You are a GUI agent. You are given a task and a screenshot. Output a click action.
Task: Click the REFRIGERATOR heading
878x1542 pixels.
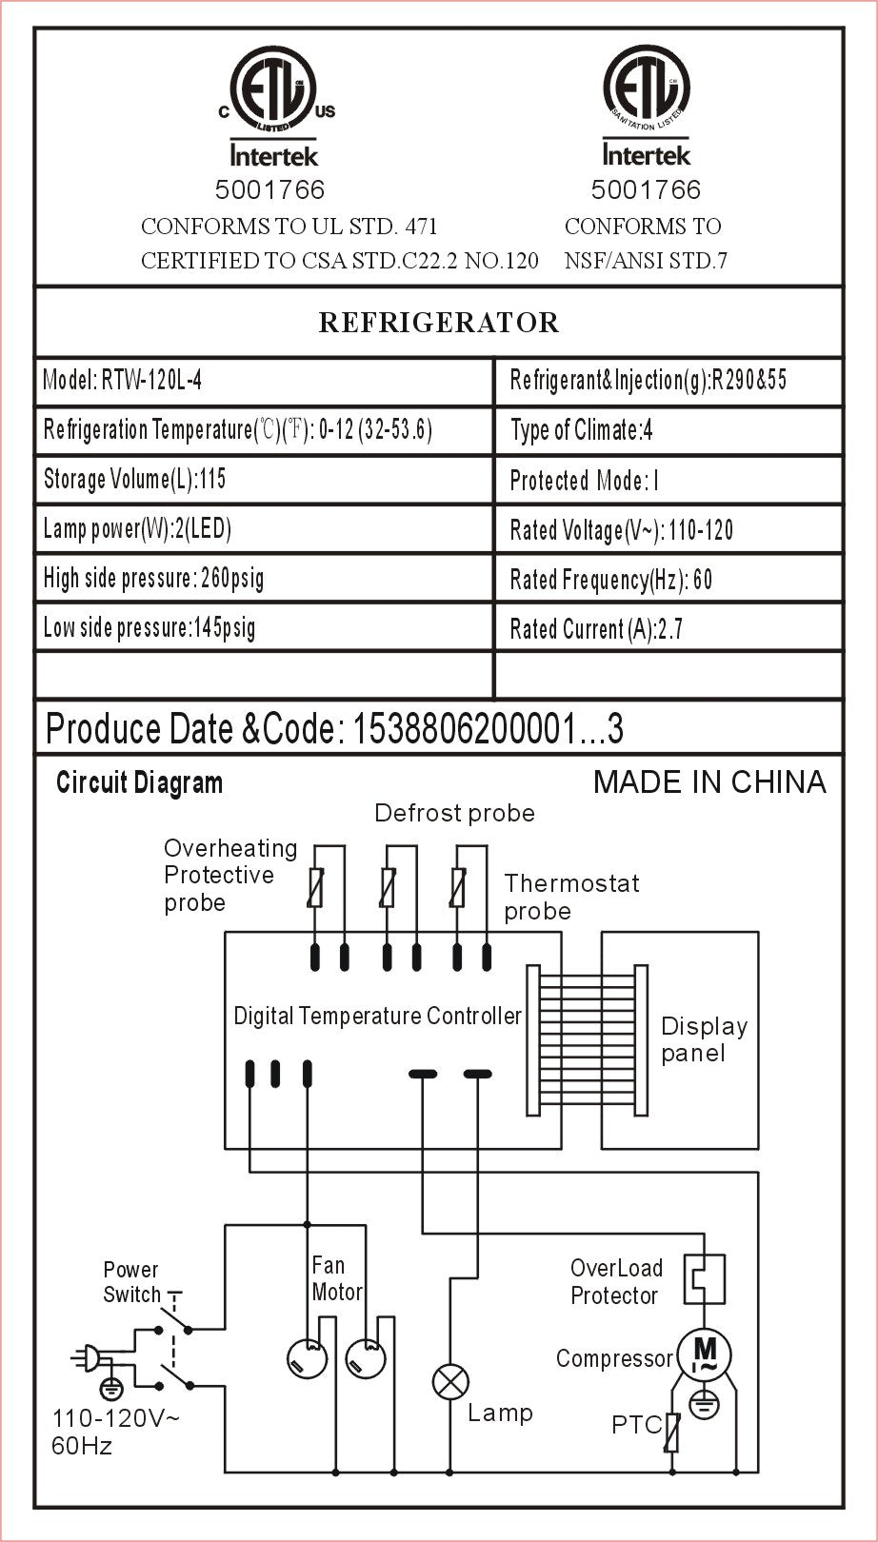click(x=438, y=323)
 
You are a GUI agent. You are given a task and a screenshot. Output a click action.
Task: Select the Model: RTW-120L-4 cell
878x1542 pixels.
click(x=264, y=381)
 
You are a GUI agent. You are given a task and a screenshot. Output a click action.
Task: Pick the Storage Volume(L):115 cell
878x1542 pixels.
click(x=264, y=479)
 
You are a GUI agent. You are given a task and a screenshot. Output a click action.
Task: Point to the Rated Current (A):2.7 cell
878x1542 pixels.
click(x=668, y=628)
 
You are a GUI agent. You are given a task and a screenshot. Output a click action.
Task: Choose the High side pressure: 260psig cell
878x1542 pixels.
click(x=264, y=578)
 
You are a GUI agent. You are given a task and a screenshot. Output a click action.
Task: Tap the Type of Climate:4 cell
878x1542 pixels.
click(x=668, y=430)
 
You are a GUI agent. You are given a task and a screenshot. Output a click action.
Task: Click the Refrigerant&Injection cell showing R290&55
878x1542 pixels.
click(x=668, y=381)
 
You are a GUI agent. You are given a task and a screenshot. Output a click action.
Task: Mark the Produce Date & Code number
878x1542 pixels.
click(x=488, y=729)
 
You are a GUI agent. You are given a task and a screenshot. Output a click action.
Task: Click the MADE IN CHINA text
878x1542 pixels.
click(x=709, y=782)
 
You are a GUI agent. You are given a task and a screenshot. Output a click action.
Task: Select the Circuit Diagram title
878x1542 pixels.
click(x=139, y=783)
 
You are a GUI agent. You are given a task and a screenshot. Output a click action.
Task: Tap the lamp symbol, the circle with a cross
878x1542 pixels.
click(x=450, y=1381)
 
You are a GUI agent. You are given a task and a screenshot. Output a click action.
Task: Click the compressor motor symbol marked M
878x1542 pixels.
click(x=704, y=1354)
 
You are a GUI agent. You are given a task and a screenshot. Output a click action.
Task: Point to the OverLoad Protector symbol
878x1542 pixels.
click(x=705, y=1278)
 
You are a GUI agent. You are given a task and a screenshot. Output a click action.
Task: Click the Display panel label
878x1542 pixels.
click(x=704, y=1039)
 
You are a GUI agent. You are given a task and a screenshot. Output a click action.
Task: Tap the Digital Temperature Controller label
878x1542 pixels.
click(x=377, y=1017)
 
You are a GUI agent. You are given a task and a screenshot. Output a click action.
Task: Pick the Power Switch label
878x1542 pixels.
click(x=131, y=1282)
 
